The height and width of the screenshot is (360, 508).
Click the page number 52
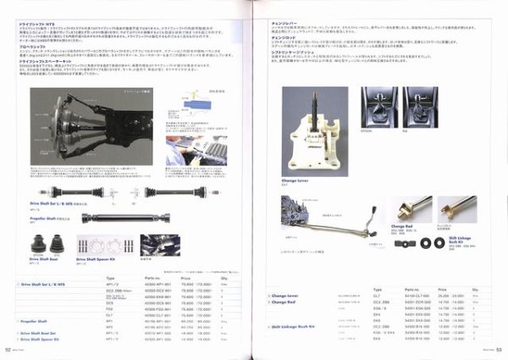click(x=8, y=348)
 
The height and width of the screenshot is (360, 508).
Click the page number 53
click(x=500, y=348)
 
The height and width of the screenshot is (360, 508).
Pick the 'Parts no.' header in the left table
click(x=152, y=277)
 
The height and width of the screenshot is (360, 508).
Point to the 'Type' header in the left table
click(x=111, y=277)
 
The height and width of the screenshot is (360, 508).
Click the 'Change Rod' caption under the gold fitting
click(x=402, y=226)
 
